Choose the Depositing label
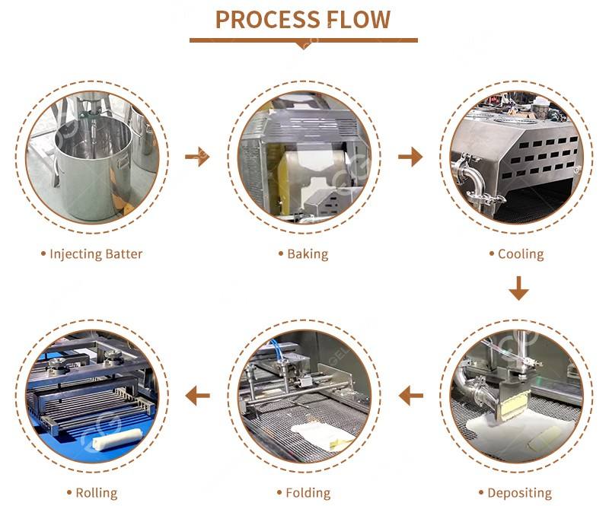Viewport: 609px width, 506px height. tap(518, 493)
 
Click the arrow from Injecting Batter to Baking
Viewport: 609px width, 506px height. tap(197, 158)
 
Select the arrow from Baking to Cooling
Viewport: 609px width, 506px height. tap(410, 158)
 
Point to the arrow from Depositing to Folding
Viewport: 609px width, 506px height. tap(411, 394)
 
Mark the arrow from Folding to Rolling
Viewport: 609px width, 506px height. tap(198, 394)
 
